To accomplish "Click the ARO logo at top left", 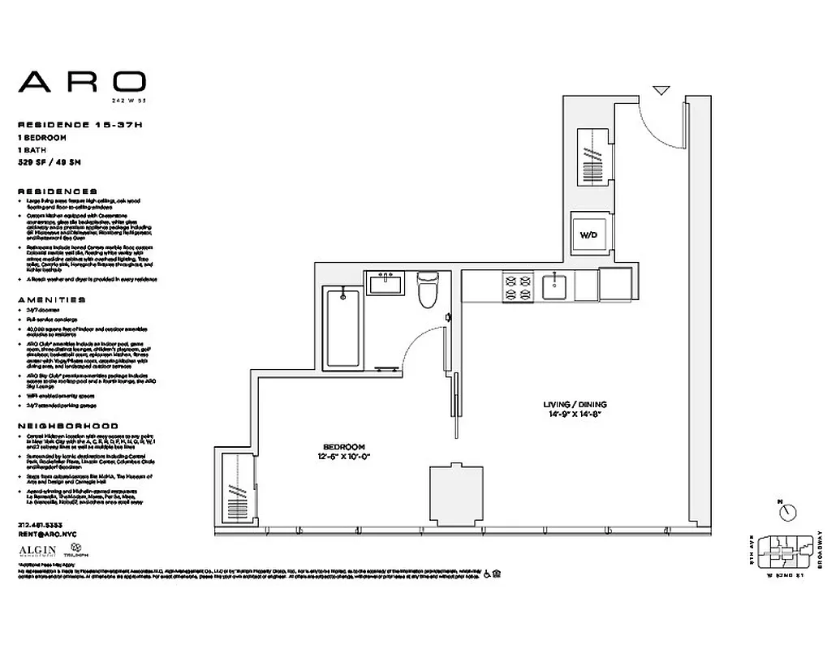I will click(82, 81).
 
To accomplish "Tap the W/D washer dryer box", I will click(588, 234).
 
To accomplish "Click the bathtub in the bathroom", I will click(342, 326).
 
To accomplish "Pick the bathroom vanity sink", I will click(383, 284).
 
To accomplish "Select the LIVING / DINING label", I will click(575, 404).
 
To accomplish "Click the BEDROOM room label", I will click(344, 447).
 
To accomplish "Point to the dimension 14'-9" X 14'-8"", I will click(575, 415).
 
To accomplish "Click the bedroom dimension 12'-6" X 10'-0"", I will click(344, 458).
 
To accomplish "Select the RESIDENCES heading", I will click(57, 191).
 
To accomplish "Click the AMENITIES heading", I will click(52, 299).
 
